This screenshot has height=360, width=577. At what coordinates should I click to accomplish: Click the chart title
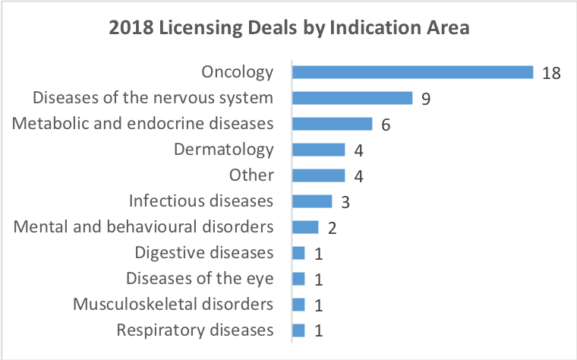point(289,29)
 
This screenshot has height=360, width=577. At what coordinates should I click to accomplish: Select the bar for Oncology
point(412,72)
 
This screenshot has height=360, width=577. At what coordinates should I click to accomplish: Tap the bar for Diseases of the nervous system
point(352,98)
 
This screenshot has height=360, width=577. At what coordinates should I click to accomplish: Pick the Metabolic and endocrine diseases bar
point(332,124)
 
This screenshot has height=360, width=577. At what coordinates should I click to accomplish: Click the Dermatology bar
point(318,150)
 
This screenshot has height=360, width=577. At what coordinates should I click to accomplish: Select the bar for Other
point(318,175)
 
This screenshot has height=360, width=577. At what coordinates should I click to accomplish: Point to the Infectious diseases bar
point(312,201)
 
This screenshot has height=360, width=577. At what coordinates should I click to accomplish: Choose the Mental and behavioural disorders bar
point(305,227)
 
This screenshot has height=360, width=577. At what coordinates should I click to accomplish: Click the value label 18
point(551,73)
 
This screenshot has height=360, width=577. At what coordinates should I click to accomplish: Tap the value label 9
point(426,99)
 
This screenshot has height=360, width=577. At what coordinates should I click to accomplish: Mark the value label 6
point(386,125)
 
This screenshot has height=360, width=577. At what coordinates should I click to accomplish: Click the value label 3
point(345,202)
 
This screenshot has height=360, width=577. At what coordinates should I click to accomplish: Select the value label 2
point(332,228)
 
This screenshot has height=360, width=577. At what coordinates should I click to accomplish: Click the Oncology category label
point(237,72)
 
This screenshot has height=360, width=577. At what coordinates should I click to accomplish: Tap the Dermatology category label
point(223,150)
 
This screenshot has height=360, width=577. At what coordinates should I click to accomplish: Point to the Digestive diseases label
point(203,253)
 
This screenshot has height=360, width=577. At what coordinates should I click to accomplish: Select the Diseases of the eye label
point(199,279)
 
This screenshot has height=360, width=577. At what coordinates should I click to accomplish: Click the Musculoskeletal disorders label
point(173,305)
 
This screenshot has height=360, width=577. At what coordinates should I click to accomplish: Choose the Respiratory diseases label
point(194,330)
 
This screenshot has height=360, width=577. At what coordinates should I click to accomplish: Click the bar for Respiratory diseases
point(298,330)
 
